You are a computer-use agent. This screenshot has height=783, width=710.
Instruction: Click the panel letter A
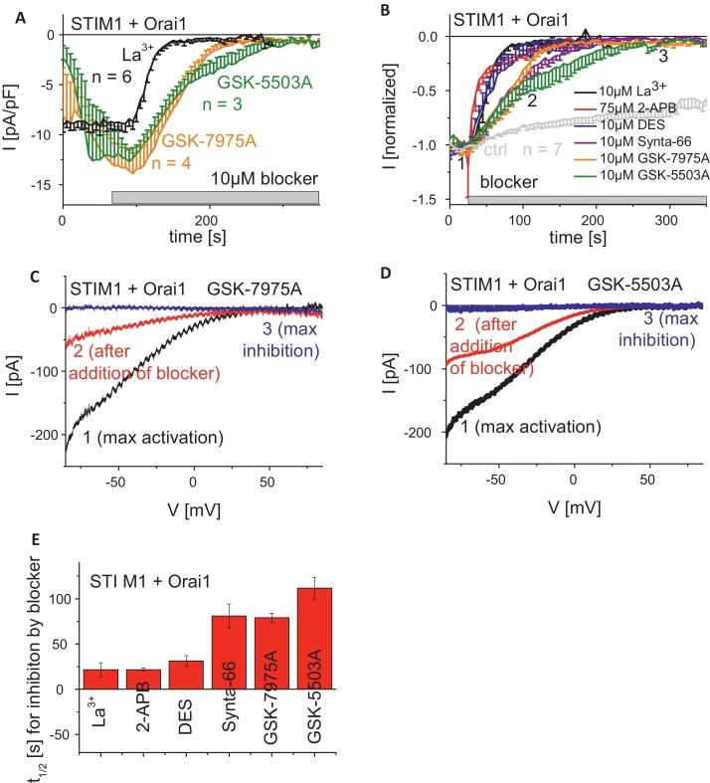coord(10,10)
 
